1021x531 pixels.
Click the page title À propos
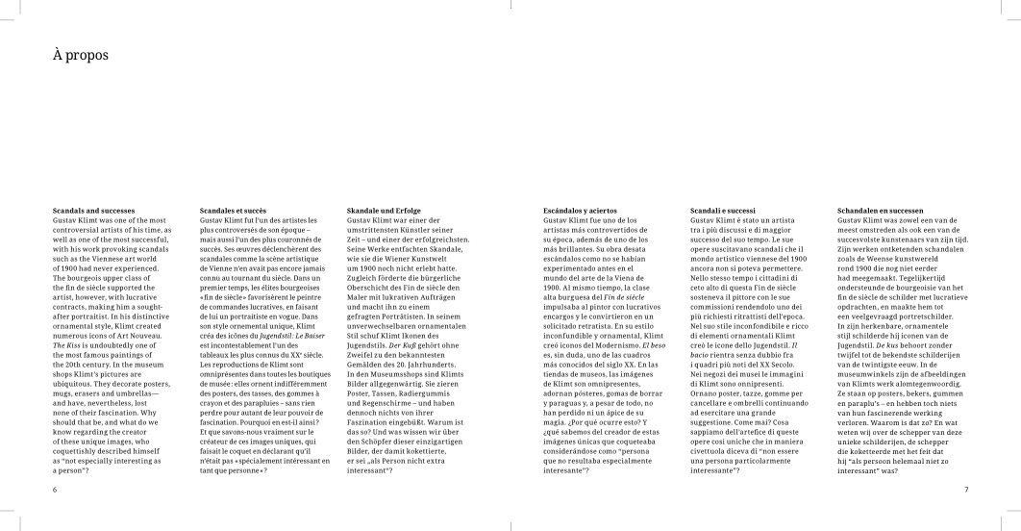(81, 57)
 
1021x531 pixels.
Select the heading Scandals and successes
(95, 210)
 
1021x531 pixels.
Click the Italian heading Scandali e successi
(724, 210)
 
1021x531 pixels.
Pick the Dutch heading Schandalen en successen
(881, 210)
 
